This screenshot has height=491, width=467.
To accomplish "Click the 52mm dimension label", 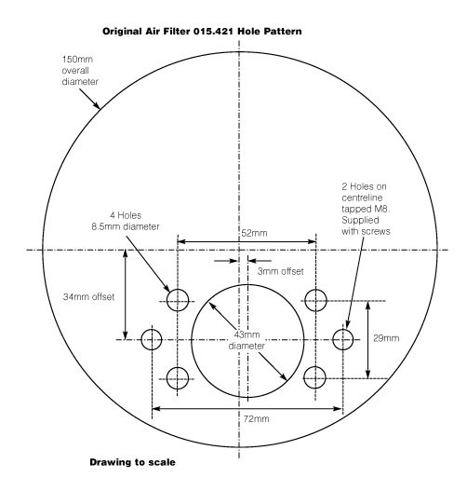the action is pos(254,233).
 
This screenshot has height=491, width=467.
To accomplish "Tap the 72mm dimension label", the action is pos(256,419).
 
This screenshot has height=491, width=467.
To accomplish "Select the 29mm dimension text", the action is pos(386,338).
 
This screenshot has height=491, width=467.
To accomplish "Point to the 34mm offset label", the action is pos(88,297).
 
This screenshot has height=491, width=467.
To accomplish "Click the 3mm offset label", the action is pos(280,271).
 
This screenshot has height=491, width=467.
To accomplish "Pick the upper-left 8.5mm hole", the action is pos(178,300).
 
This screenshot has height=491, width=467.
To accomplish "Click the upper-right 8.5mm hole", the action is pos(315,300).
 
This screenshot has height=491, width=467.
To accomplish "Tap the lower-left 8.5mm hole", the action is pos(178,378).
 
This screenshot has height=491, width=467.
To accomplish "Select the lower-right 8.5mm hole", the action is pos(314,377).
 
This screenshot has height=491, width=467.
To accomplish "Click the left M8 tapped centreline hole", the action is pos(152,339).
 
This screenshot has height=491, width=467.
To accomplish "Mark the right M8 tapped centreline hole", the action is pos(343,339).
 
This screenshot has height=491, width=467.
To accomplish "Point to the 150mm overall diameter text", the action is pos(80,71).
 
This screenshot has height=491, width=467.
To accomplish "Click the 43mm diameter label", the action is pos(247,340).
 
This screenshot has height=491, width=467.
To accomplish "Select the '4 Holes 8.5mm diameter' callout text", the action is pos(126,221).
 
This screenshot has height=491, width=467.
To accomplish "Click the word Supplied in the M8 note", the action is pos(360,221).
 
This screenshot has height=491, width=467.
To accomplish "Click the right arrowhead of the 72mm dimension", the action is pos(338,408).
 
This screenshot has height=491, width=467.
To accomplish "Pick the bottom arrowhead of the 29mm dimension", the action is pos(367,374).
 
